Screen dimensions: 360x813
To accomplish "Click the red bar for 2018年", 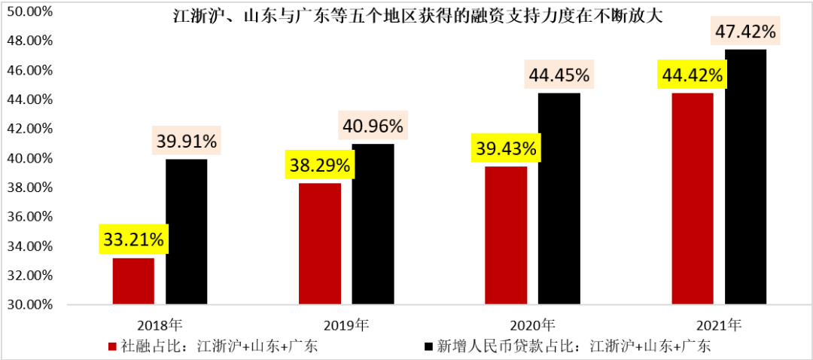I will point(133,281).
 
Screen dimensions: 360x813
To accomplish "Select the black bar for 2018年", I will point(186,232).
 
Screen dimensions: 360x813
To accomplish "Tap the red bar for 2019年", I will point(319,244).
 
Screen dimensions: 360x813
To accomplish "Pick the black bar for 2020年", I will point(559,199).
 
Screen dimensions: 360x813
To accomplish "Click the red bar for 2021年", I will point(692,199).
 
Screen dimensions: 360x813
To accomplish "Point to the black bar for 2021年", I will point(745,177).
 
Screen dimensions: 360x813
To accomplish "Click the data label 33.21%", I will point(132,240).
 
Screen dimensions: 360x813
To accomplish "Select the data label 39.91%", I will point(186,141).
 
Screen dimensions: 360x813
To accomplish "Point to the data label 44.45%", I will point(559,75).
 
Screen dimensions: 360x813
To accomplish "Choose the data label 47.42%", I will point(744,32).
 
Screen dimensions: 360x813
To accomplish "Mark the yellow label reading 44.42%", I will point(692,75).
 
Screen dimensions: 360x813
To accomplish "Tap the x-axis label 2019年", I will point(346,325).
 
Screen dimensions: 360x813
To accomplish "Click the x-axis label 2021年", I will point(719,325).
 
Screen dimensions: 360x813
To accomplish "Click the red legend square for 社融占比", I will point(113,346).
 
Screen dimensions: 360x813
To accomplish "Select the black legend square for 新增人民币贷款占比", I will point(428,346).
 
